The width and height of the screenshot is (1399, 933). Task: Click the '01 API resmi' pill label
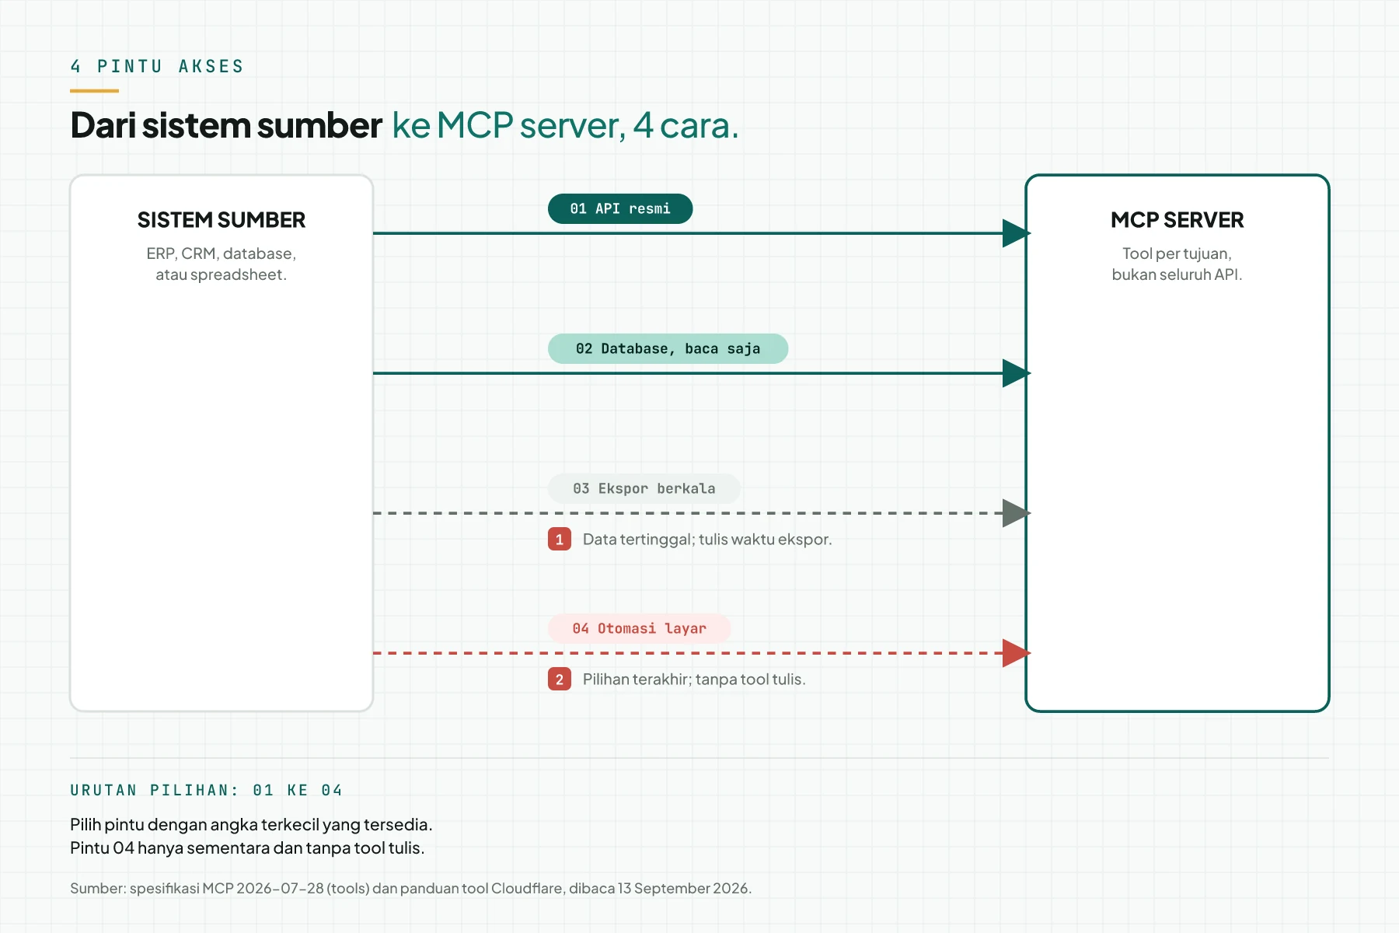[x=620, y=208]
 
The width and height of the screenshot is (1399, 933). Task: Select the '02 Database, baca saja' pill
[x=668, y=348]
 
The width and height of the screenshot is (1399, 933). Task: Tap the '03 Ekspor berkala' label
[x=644, y=488]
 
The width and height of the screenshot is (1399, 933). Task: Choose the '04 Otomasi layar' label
[x=640, y=628]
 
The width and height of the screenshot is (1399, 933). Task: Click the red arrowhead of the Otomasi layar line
[x=1016, y=653]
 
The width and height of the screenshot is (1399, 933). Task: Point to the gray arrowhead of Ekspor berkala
[x=1016, y=513]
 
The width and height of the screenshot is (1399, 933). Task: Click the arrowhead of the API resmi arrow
[x=1016, y=233]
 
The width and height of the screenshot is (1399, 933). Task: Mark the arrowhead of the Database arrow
[x=1016, y=373]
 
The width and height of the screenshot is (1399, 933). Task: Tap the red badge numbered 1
[x=560, y=539]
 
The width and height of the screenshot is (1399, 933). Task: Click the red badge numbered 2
[x=560, y=679]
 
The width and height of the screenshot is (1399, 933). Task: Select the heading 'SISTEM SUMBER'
[x=222, y=220]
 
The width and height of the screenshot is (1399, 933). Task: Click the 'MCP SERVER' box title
[x=1177, y=220]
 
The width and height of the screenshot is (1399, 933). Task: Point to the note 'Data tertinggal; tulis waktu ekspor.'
[x=707, y=539]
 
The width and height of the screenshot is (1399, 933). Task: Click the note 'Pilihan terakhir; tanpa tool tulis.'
[x=694, y=679]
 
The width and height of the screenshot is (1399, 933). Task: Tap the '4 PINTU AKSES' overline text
[x=157, y=66]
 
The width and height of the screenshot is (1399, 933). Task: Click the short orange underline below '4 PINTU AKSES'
[x=94, y=91]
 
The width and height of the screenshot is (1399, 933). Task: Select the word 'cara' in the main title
[x=695, y=125]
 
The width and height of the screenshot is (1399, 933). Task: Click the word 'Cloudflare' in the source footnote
[x=527, y=888]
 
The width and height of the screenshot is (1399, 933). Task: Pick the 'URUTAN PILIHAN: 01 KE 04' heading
[x=206, y=790]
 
